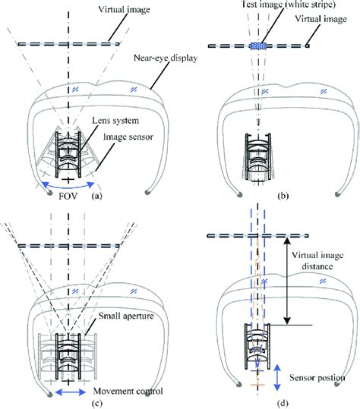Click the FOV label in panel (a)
click(68, 196)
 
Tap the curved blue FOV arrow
click(68, 187)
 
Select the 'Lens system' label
click(115, 121)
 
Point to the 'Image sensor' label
click(128, 137)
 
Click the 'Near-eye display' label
click(166, 58)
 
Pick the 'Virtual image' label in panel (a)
click(124, 10)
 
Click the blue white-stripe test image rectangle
click(258, 46)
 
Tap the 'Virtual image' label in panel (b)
click(321, 19)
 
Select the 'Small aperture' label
click(126, 316)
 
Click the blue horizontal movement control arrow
click(71, 392)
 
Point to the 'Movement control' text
click(128, 391)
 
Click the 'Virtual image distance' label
click(317, 260)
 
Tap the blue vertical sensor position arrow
click(277, 377)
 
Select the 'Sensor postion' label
click(317, 378)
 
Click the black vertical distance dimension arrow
click(287, 282)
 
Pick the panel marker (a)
click(97, 196)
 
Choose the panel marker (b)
click(283, 196)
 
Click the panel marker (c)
click(97, 403)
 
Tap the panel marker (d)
click(283, 403)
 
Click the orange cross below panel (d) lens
click(257, 385)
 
